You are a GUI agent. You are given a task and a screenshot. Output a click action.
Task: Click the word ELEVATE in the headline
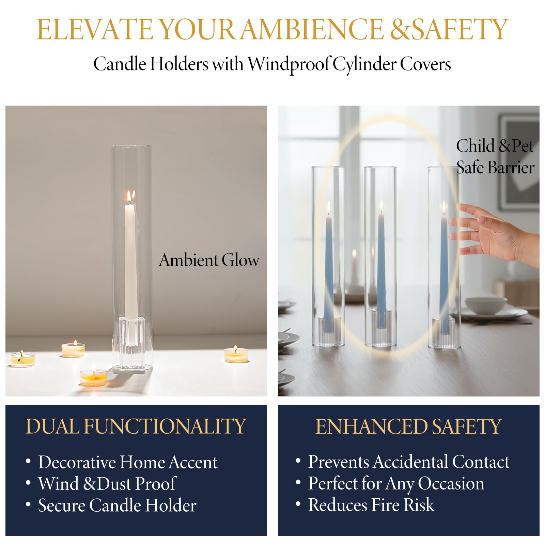pyautogui.click(x=95, y=29)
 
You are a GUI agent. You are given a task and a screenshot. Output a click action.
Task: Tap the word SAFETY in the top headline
pyautogui.click(x=460, y=29)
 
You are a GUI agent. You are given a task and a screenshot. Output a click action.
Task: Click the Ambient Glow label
pyautogui.click(x=209, y=260)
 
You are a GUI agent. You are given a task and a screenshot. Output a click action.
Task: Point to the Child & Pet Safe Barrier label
pyautogui.click(x=495, y=157)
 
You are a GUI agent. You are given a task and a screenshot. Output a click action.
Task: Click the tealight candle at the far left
pyautogui.click(x=23, y=358)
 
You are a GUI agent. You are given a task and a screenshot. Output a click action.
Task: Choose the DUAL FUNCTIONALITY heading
pyautogui.click(x=136, y=426)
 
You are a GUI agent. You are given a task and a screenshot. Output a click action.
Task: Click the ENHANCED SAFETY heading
pyautogui.click(x=408, y=426)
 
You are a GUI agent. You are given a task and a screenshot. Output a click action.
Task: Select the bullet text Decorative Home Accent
pyautogui.click(x=128, y=462)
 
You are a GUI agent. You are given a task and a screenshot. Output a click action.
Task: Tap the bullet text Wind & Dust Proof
pyautogui.click(x=107, y=484)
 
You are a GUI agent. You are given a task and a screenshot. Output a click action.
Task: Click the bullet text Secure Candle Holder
pyautogui.click(x=117, y=505)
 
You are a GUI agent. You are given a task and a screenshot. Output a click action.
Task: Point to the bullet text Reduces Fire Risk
pyautogui.click(x=371, y=505)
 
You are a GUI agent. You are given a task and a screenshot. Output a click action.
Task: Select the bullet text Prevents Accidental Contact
pyautogui.click(x=409, y=462)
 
